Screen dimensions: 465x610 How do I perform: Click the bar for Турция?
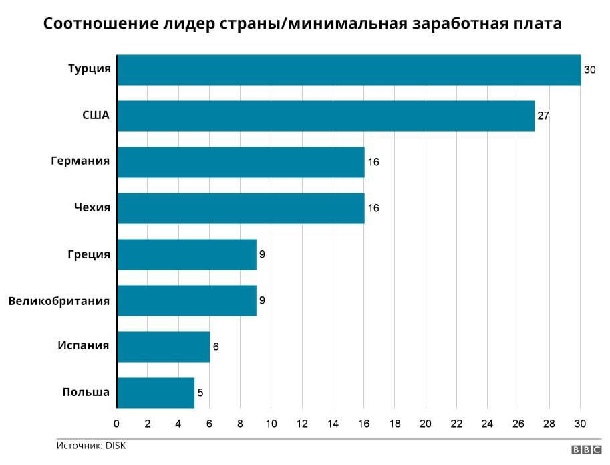[x=348, y=70]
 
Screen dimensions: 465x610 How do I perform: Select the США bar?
[x=325, y=116]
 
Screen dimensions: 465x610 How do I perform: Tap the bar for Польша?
[x=156, y=393]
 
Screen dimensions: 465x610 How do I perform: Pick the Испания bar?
[x=163, y=347]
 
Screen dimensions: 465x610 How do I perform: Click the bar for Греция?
[x=186, y=254]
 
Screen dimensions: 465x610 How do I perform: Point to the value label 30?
[x=589, y=70]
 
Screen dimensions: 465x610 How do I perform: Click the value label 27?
[x=543, y=116]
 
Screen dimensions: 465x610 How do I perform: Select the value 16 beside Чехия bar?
[x=373, y=208]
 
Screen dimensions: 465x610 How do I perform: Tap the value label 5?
[x=200, y=393]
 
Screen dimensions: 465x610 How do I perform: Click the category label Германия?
[x=80, y=161]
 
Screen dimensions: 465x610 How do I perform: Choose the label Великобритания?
[x=59, y=300]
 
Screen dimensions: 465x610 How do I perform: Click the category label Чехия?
[x=92, y=207]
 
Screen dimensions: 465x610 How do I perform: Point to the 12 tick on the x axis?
[x=302, y=424]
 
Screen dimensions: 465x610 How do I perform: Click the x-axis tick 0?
[x=117, y=424]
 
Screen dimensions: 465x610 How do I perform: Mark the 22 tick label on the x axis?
[x=456, y=424]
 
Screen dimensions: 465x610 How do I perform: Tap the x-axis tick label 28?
[x=549, y=424]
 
